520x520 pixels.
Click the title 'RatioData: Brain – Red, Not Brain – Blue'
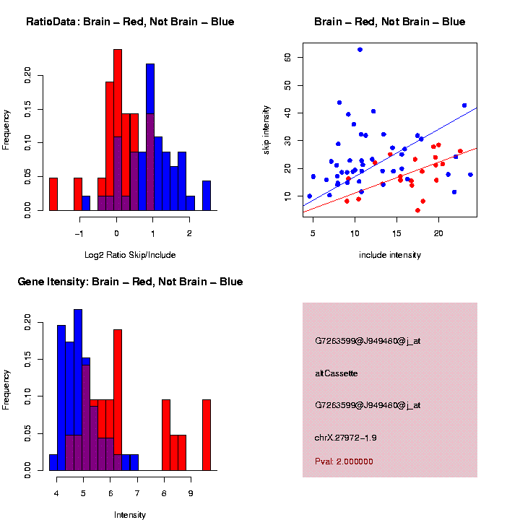tap(130, 22)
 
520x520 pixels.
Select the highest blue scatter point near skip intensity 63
tap(360, 50)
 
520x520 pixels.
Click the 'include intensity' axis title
tap(389, 255)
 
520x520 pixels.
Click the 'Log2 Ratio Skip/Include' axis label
tap(130, 255)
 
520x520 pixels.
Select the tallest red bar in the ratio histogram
tap(118, 130)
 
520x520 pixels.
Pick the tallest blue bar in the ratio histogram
tap(150, 137)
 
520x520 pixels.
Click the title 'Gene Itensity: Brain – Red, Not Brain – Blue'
tap(130, 282)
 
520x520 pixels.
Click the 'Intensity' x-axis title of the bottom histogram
tap(130, 515)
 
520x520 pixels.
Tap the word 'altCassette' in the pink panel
tap(337, 373)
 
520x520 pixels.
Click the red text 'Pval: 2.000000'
tap(344, 461)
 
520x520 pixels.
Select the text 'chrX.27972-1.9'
tap(346, 438)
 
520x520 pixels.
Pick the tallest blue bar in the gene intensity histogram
tap(78, 390)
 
